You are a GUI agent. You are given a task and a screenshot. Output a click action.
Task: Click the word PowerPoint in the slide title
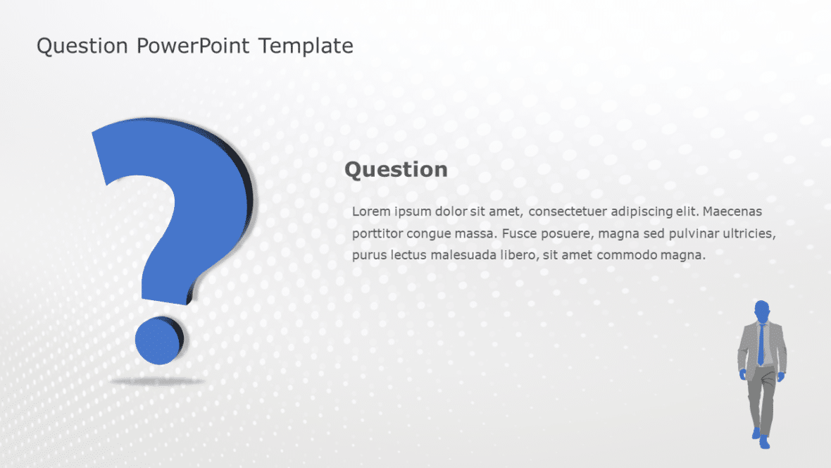coord(194,47)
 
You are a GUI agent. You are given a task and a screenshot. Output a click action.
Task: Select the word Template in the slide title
coord(306,47)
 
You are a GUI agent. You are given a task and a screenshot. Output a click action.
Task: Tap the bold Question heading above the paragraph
coord(396,169)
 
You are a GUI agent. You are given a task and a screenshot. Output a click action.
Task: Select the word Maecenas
coord(732,211)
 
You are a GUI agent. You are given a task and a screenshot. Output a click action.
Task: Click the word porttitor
coord(377,233)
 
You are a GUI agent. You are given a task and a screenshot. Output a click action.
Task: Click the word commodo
coord(626,254)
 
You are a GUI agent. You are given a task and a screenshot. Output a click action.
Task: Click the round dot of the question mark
coord(159,340)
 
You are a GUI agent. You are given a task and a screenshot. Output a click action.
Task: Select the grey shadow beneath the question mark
coord(157,381)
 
